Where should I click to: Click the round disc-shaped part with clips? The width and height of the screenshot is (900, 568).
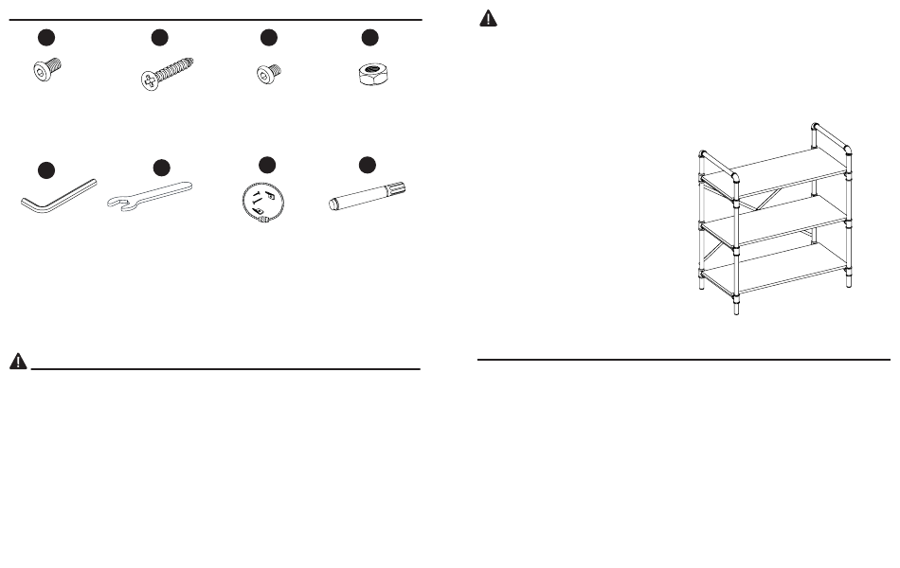coord(262,202)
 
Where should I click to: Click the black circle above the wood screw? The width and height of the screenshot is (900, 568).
coord(159,37)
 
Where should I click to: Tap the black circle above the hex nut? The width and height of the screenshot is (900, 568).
coord(369,37)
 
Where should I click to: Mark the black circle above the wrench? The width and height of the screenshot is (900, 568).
coord(161,168)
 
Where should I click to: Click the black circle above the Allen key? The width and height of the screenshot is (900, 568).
coord(45,169)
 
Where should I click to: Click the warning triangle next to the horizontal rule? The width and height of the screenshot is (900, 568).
coord(18,362)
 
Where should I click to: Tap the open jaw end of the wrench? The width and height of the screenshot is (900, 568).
coord(117,202)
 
